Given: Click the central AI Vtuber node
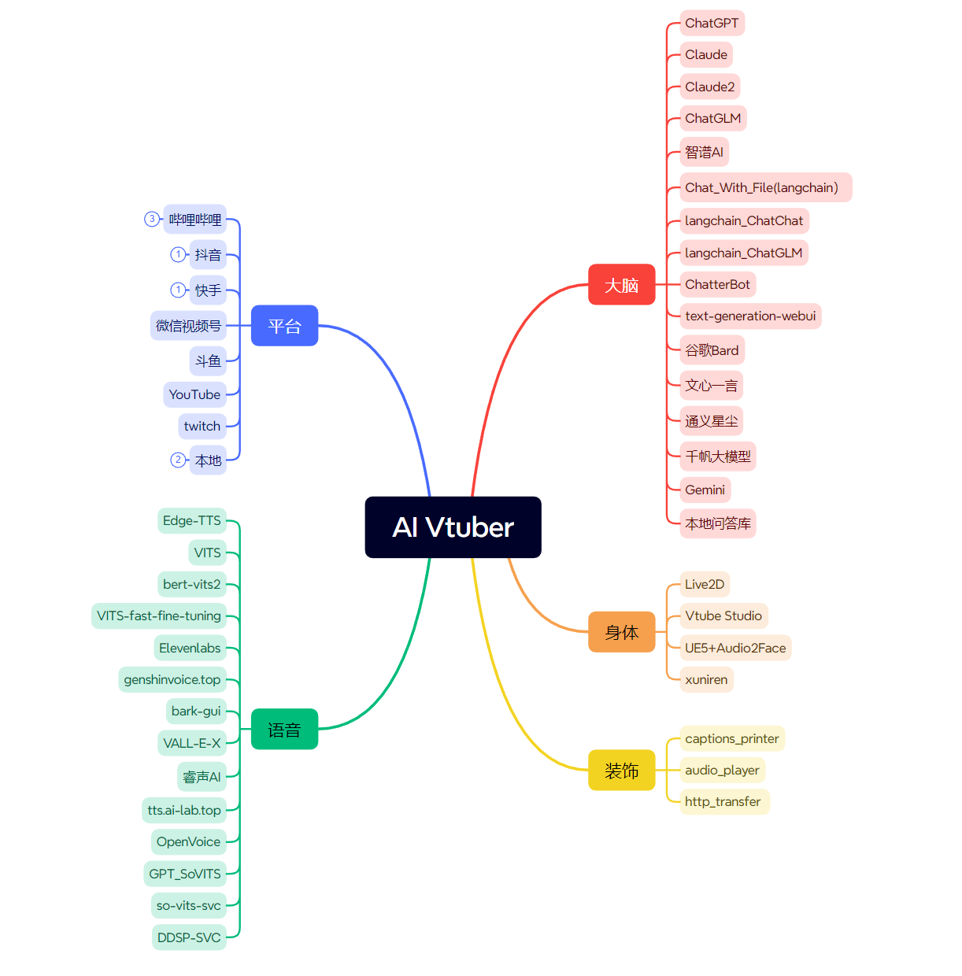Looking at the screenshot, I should tap(453, 527).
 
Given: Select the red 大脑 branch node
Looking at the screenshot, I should tap(621, 285).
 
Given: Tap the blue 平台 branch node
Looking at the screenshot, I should tap(284, 326).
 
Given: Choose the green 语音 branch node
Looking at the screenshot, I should tap(284, 730).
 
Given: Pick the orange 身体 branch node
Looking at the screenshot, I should tap(621, 632).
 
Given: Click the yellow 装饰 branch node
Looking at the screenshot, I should tap(621, 771).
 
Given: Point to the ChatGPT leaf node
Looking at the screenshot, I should tap(712, 23).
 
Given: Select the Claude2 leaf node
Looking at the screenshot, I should tap(709, 87).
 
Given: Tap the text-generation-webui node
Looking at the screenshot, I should tap(750, 316).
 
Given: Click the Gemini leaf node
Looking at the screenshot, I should tap(705, 490).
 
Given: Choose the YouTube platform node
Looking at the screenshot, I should tap(194, 394).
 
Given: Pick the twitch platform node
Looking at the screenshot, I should tap(202, 426).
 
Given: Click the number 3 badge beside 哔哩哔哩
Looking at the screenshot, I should tap(152, 219).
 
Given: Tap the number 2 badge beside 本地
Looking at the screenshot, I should tap(178, 460).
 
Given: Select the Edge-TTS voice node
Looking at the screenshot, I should tap(191, 520).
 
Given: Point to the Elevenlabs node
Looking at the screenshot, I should tap(190, 648).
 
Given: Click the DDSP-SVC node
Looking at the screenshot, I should tap(189, 937).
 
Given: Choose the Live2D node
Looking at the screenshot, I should tap(705, 584).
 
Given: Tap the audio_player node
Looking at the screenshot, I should tap(722, 770).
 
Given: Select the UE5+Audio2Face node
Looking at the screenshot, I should tap(735, 648).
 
